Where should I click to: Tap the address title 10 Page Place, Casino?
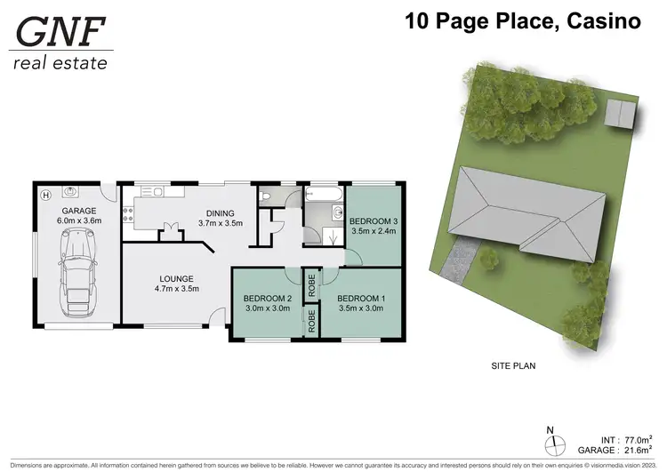523,20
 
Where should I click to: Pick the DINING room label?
220,213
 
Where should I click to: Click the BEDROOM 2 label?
269,298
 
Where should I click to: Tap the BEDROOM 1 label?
359,298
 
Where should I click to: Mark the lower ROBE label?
312,322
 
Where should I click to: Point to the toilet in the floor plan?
266,196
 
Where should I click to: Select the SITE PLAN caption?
513,365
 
